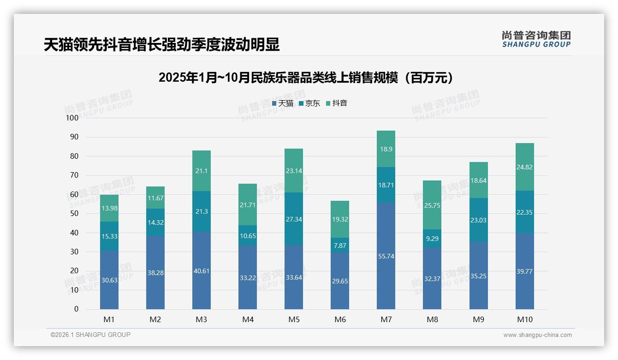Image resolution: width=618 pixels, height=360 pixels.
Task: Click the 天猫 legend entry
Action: pos(283,103)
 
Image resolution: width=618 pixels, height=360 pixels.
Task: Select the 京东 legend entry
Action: pos(309,103)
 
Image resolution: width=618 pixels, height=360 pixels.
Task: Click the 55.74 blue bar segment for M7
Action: pos(386,256)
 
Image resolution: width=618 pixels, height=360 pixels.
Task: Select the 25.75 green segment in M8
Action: pos(432,205)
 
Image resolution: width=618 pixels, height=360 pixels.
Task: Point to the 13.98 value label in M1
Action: pos(109,209)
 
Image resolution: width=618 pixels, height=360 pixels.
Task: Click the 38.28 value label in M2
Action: pos(155,273)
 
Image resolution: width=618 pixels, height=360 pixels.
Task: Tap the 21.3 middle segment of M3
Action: pos(202,211)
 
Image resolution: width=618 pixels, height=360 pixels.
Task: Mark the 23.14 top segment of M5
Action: pos(294,170)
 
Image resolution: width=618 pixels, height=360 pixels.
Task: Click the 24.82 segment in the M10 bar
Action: pos(525,167)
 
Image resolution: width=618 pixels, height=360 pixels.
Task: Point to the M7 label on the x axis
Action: pos(386,319)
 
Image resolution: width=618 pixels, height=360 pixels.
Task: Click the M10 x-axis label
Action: pos(525,319)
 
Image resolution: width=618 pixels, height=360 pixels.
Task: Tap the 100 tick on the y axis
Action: pos(72,118)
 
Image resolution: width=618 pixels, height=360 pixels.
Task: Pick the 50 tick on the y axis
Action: pos(74,214)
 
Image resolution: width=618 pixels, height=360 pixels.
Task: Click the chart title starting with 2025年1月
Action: pos(309,78)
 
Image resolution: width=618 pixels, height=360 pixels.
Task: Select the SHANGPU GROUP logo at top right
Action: pos(536,39)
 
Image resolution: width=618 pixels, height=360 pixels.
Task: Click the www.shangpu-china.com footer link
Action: pos(537,335)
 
